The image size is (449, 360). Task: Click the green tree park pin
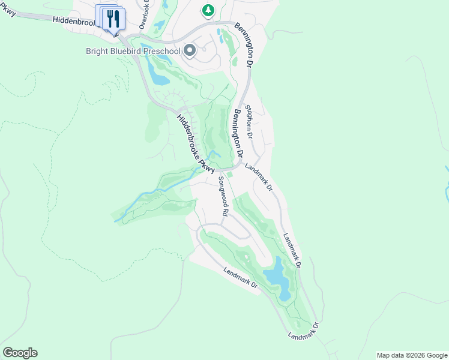[x=208, y=10]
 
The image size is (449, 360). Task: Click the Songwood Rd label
[x=223, y=196]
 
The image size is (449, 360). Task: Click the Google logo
[x=20, y=353]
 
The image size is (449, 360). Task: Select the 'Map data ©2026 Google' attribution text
[x=412, y=355]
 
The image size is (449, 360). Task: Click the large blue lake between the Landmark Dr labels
[x=277, y=277]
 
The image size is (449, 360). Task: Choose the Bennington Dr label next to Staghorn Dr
[x=238, y=133]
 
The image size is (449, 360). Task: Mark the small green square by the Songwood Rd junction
[x=229, y=175]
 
